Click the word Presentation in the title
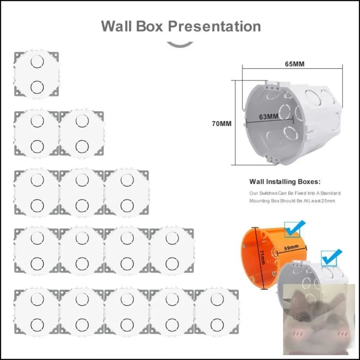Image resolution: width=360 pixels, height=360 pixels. pyautogui.click(x=215, y=26)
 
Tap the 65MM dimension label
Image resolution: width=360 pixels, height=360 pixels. pyautogui.click(x=295, y=64)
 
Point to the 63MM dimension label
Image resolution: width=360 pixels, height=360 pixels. pyautogui.click(x=269, y=117)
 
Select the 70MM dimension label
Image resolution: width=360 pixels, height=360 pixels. pyautogui.click(x=221, y=124)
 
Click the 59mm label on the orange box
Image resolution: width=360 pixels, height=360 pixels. pyautogui.click(x=291, y=248)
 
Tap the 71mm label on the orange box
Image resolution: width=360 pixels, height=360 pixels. pyautogui.click(x=262, y=257)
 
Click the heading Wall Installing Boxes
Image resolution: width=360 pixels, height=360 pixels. pyautogui.click(x=285, y=181)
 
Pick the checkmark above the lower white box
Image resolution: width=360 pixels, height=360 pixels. pyautogui.click(x=332, y=257)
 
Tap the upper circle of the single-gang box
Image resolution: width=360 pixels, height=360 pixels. pyautogui.click(x=37, y=62)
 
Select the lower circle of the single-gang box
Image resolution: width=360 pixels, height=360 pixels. pyautogui.click(x=37, y=87)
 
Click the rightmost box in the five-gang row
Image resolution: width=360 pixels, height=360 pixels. pyautogui.click(x=216, y=312)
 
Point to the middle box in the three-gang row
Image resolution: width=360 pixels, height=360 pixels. pyautogui.click(x=82, y=193)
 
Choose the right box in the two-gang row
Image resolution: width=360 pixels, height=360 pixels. pyautogui.click(x=82, y=134)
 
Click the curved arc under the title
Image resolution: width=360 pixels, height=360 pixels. pyautogui.click(x=180, y=45)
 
